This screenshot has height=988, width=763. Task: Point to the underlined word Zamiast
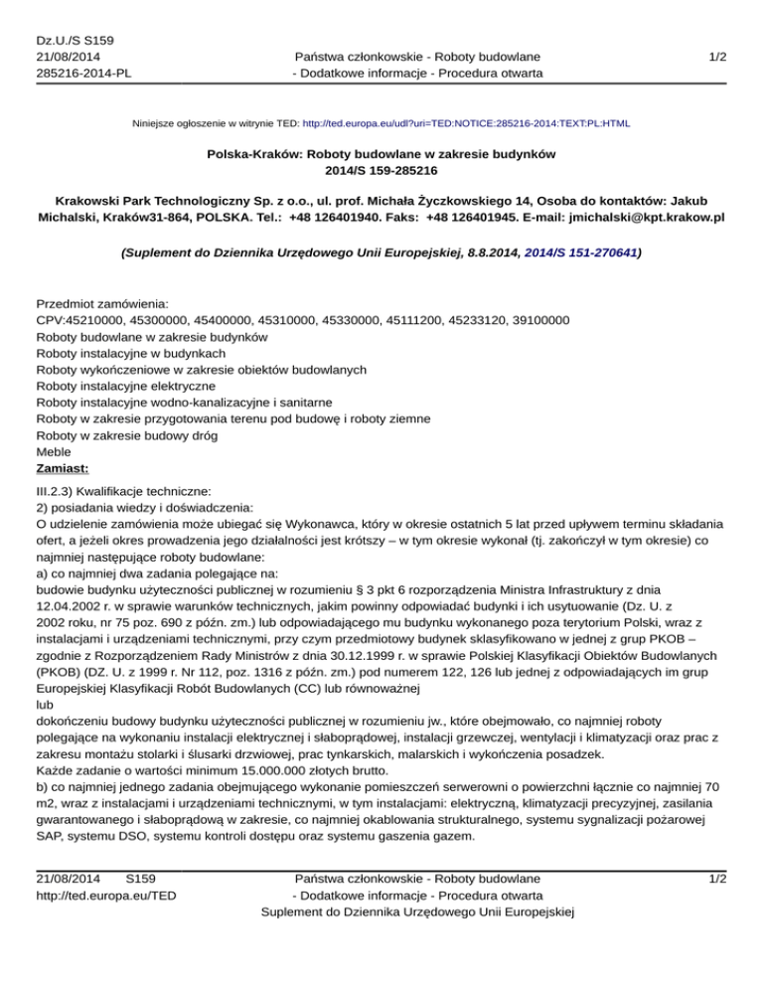click(63, 465)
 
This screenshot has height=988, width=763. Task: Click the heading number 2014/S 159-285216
click(381, 170)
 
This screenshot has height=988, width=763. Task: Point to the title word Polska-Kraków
click(253, 153)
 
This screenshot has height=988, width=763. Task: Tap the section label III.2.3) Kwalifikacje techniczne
click(122, 491)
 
